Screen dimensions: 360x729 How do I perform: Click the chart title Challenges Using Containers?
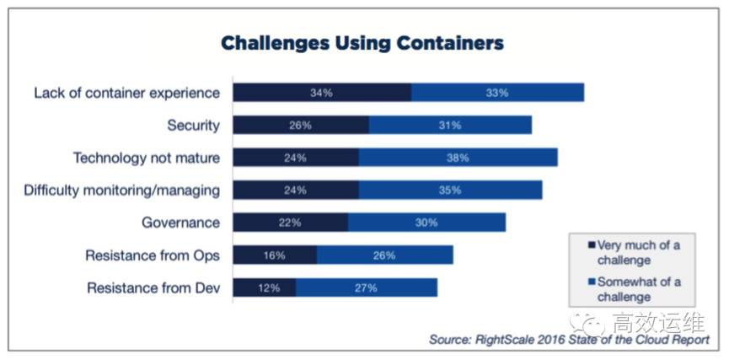click(x=362, y=43)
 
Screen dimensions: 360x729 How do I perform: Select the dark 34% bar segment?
click(x=322, y=93)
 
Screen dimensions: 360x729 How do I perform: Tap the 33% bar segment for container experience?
click(x=497, y=93)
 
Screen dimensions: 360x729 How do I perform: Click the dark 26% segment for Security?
click(x=301, y=125)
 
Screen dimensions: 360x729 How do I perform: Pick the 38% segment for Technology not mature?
click(x=458, y=158)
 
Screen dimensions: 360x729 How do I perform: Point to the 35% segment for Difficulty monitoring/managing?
click(x=450, y=191)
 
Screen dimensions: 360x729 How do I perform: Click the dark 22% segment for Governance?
click(x=290, y=223)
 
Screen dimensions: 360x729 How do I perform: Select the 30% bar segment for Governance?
click(x=426, y=223)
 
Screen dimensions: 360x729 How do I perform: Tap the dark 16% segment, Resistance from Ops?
click(x=275, y=255)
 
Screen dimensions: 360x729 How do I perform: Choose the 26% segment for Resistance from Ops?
click(x=384, y=255)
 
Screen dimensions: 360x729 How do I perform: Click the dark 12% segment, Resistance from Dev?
click(x=264, y=287)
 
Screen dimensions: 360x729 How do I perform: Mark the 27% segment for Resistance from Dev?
click(x=366, y=287)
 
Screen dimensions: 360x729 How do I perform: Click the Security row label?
click(x=193, y=125)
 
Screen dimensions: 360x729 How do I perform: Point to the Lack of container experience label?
click(x=126, y=93)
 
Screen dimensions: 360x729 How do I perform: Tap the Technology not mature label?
click(x=146, y=158)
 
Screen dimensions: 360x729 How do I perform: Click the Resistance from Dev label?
click(x=153, y=287)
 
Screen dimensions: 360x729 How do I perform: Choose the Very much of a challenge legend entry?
click(x=637, y=252)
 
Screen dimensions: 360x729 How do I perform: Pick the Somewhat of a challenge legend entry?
click(x=637, y=289)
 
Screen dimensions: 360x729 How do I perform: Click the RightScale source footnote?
click(x=569, y=339)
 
